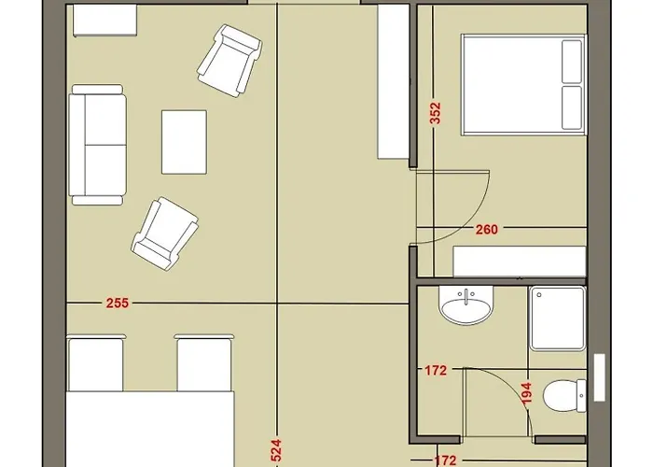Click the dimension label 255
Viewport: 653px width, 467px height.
pos(118,304)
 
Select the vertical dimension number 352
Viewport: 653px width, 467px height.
pos(435,113)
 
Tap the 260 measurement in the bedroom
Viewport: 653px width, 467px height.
pos(486,230)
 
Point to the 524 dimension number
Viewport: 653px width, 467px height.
pos(276,450)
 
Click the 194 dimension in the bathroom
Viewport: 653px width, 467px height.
pos(527,393)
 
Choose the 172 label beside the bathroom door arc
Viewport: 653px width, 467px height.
pos(436,370)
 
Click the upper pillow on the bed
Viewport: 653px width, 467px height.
pos(572,62)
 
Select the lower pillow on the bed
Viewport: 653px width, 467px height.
pos(572,108)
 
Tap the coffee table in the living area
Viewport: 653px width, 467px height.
pos(184,142)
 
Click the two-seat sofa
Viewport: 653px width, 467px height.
pos(98,145)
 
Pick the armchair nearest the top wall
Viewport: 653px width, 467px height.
pos(229,61)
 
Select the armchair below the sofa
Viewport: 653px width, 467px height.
pos(165,233)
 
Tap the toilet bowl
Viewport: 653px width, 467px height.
pos(564,395)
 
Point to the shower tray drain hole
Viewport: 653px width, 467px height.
pos(539,295)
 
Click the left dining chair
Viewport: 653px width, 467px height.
pos(96,362)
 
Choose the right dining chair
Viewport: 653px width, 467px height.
pos(204,362)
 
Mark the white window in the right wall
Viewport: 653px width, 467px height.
pos(599,377)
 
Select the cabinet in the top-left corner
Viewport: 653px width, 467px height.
pos(104,21)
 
